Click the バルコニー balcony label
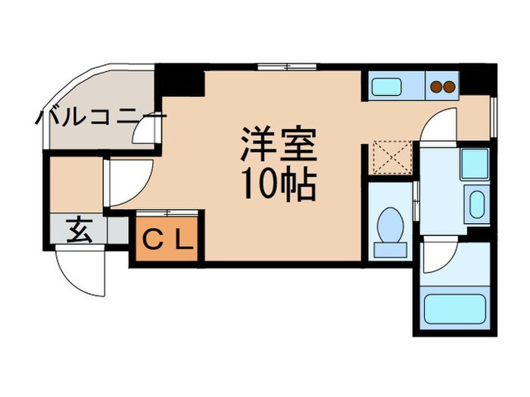[99, 119]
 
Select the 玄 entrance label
[78, 229]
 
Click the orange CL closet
[167, 241]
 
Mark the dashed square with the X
[391, 157]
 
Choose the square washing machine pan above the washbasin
[475, 163]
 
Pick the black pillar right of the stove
[475, 78]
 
